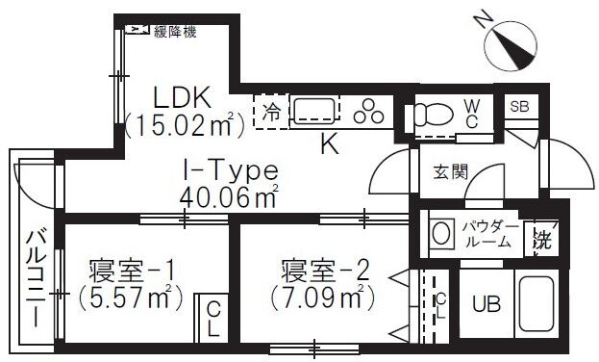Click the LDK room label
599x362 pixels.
click(182, 98)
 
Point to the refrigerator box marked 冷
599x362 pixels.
click(271, 112)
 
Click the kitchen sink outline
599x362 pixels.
click(315, 111)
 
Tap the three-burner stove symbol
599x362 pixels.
click(368, 112)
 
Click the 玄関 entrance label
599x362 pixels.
click(451, 171)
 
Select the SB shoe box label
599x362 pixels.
click(519, 107)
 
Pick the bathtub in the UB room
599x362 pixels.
click(537, 304)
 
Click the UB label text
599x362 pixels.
click(487, 304)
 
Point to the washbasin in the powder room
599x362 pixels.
click(442, 234)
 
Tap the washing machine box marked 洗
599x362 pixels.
click(542, 239)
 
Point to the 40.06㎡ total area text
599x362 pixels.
click(229, 196)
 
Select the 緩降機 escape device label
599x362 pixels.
click(175, 32)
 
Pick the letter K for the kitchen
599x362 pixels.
click(329, 145)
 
